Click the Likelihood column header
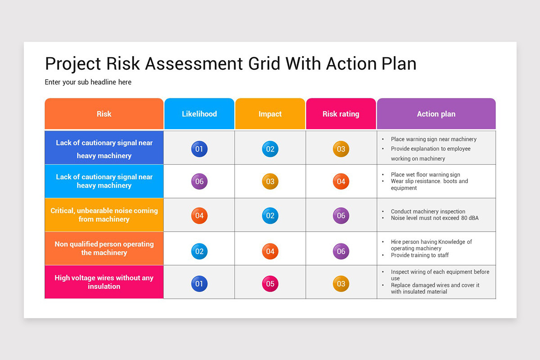[199, 114]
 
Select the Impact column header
[270, 114]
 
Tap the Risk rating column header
[341, 114]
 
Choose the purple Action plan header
[436, 114]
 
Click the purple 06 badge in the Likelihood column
[199, 182]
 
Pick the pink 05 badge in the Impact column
[270, 284]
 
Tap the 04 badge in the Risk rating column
[341, 182]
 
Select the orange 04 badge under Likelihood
[199, 216]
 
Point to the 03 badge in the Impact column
[270, 182]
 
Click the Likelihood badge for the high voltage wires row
[199, 284]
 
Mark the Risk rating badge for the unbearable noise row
[341, 216]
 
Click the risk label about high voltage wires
[104, 282]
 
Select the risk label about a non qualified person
[104, 248]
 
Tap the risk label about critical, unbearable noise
[104, 215]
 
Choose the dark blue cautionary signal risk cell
[104, 148]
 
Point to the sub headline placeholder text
[88, 82]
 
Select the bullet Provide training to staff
[419, 255]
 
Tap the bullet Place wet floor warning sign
[425, 175]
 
